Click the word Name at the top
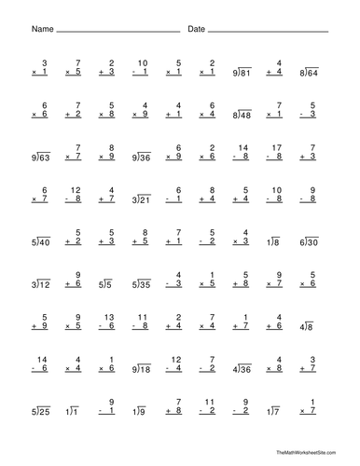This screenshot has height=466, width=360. point(42,30)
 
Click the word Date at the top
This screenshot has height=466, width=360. point(196,30)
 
